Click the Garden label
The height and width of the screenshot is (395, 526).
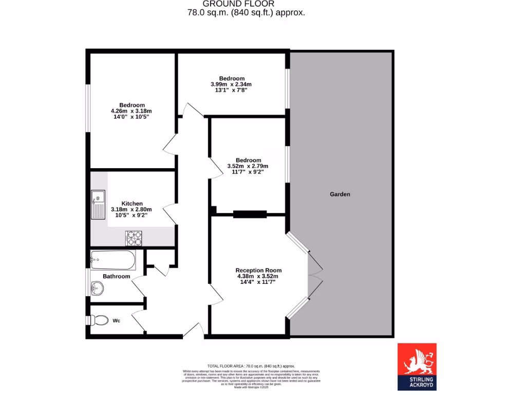[340, 194]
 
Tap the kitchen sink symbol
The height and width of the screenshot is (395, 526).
[98, 204]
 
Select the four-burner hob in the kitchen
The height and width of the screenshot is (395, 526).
[134, 238]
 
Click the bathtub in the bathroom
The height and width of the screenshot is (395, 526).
[113, 260]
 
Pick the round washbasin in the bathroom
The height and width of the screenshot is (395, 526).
[97, 289]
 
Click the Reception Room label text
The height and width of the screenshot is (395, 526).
[258, 271]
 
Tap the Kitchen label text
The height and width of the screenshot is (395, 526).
[132, 204]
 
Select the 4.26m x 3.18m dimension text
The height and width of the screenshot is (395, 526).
[131, 111]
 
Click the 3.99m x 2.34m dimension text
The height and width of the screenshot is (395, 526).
[231, 84]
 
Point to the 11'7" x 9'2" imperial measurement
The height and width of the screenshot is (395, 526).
[248, 172]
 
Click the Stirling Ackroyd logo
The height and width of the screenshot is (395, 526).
[417, 366]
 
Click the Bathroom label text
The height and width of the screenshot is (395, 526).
[116, 277]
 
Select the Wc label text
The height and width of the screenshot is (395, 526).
[117, 321]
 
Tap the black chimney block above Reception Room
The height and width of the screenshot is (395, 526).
[250, 214]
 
